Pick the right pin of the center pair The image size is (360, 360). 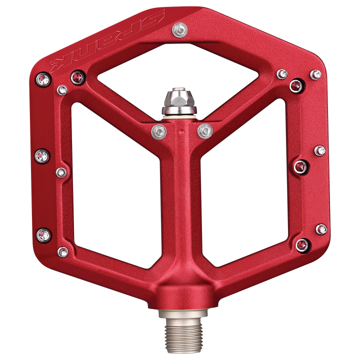204,131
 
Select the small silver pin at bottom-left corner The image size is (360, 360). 63,251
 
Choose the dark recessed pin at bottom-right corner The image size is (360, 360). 301,244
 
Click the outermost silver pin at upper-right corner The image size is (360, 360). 315,74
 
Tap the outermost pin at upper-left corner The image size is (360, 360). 42,78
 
